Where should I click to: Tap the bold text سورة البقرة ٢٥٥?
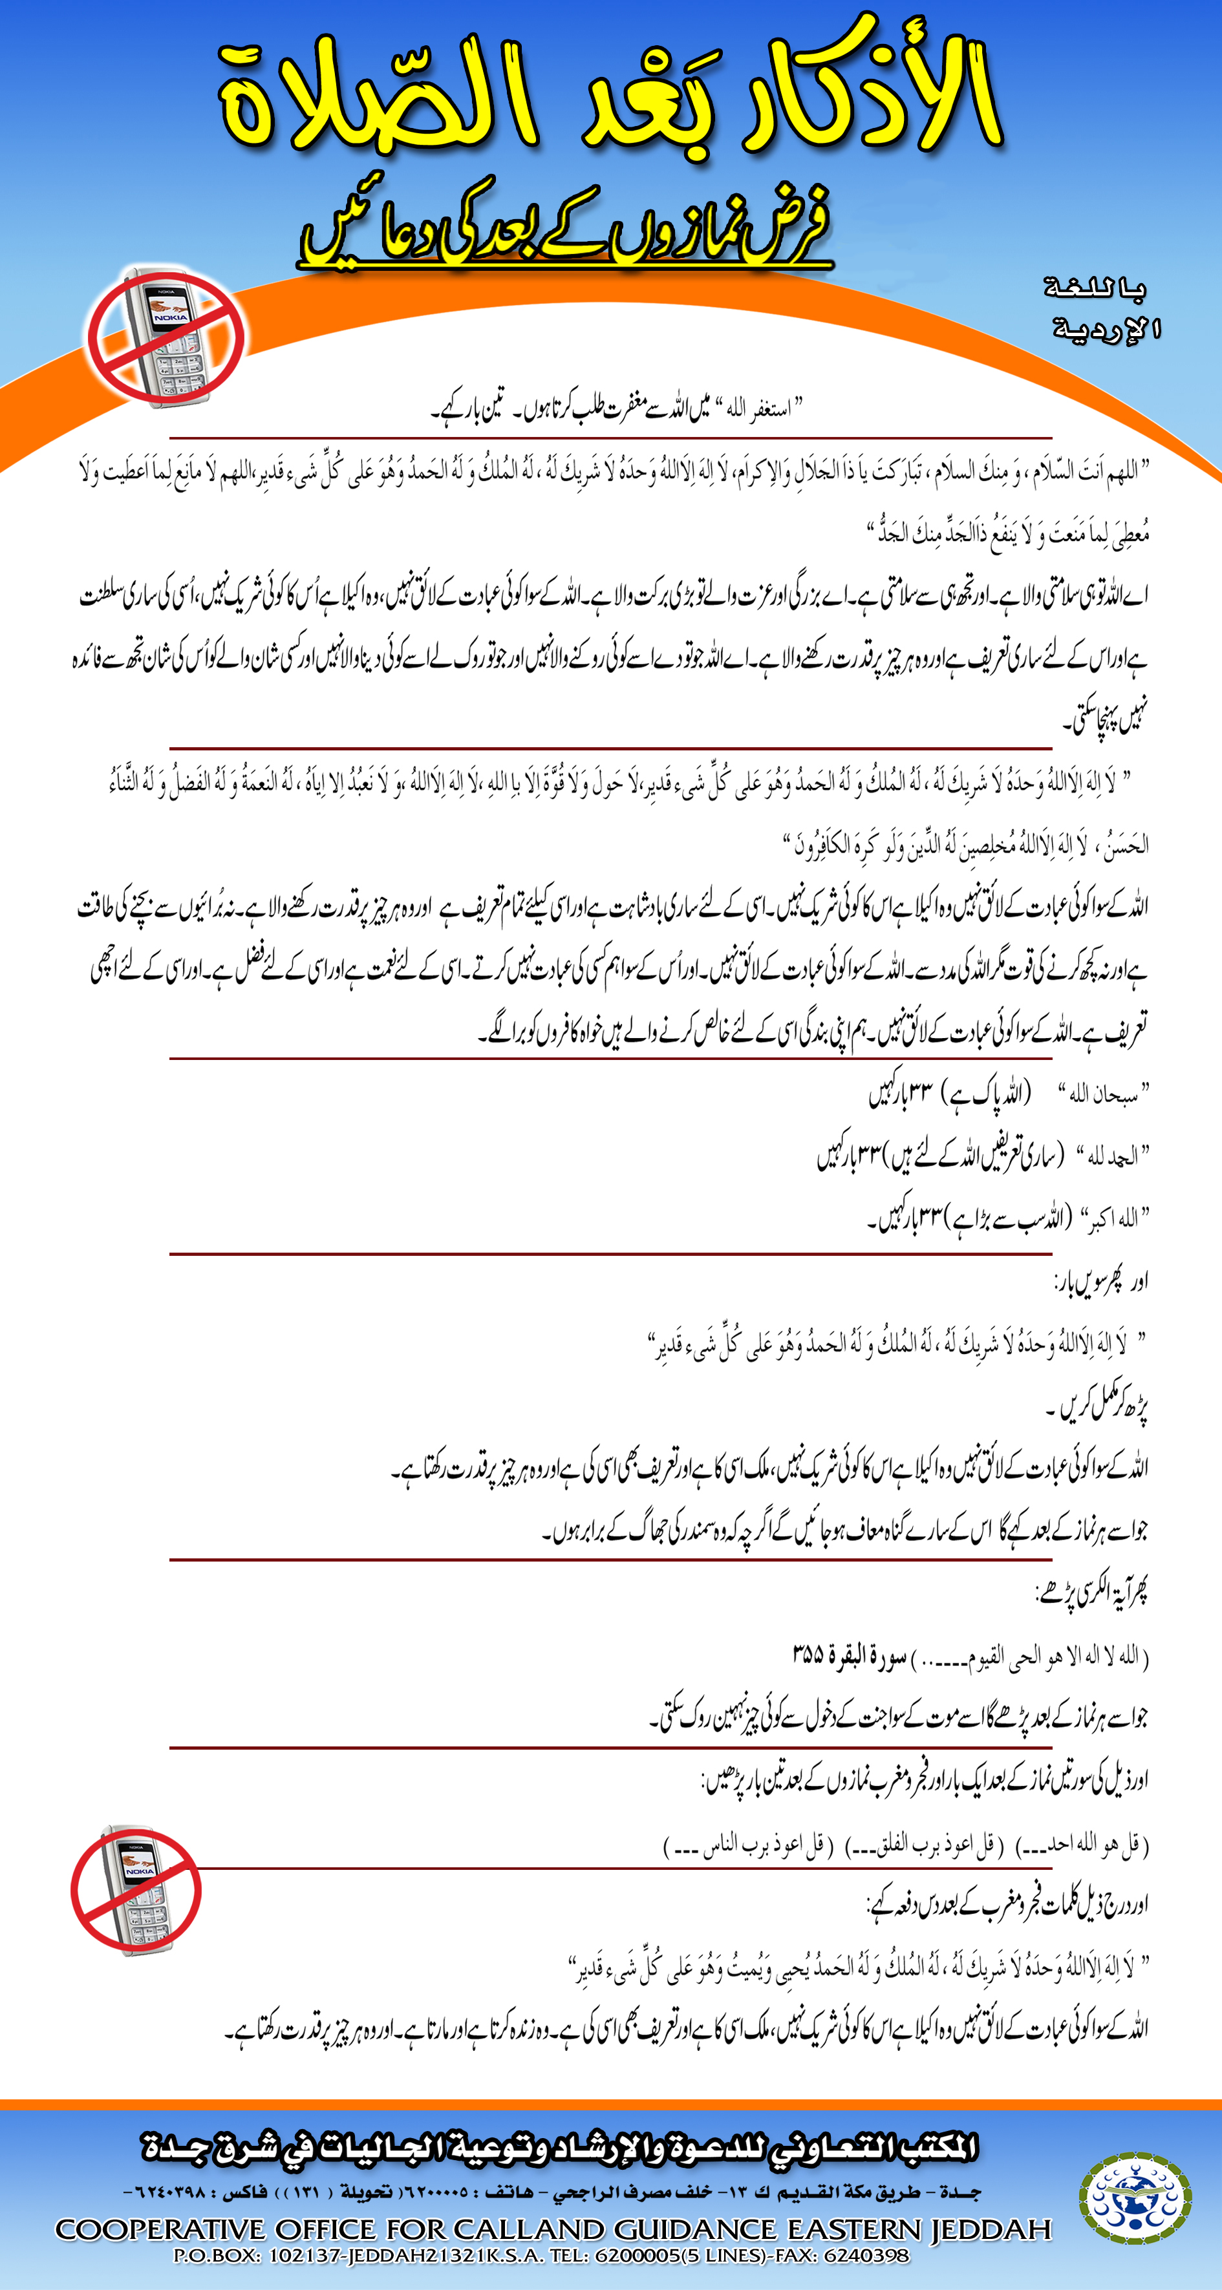tap(850, 1655)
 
